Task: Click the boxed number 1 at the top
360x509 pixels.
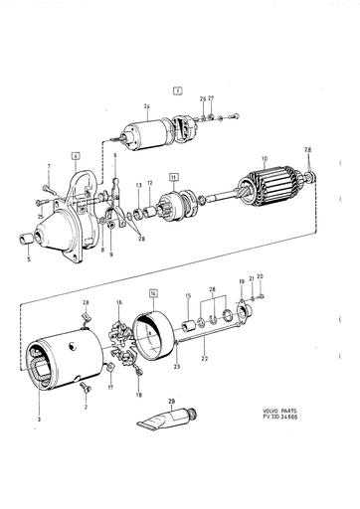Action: [x=178, y=89]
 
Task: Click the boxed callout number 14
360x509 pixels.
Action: [x=152, y=293]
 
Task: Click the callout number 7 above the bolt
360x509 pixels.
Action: [x=47, y=166]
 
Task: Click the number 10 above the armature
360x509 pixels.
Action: [x=264, y=158]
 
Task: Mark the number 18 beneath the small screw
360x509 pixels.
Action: [x=138, y=395]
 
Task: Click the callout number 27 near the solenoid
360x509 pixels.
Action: [x=211, y=98]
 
